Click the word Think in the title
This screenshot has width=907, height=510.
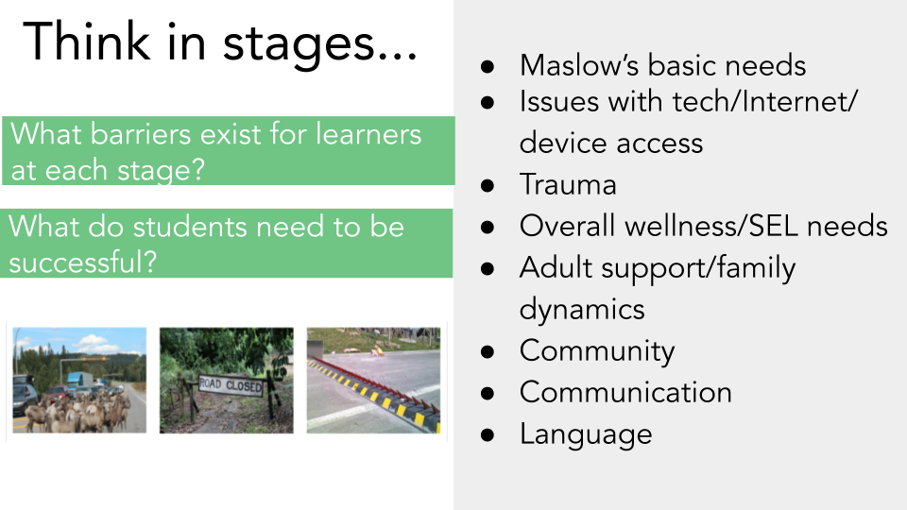87,41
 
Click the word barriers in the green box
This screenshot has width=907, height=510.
141,134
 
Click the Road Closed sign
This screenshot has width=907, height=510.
231,385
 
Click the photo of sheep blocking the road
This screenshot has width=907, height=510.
79,380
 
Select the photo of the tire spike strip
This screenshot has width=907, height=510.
374,380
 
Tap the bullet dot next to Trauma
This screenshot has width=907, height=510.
488,186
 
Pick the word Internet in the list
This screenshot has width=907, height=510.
796,102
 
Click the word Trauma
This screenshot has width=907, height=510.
568,184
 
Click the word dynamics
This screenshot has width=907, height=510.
582,310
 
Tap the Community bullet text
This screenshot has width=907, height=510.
597,351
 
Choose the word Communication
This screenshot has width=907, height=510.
625,392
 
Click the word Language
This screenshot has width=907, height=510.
586,434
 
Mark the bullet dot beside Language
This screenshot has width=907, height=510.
488,434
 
